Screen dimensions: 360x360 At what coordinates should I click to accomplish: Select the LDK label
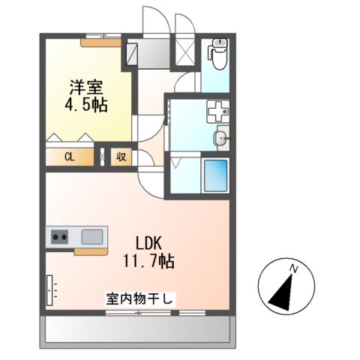149,243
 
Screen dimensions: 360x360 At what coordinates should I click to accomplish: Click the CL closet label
69,157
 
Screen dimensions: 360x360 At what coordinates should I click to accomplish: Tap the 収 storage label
120,157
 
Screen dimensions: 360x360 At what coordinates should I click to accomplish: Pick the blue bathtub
216,177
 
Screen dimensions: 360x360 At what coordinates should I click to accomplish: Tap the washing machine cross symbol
217,112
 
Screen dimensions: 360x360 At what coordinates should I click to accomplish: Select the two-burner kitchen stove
59,238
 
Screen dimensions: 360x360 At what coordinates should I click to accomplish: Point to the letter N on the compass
295,268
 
